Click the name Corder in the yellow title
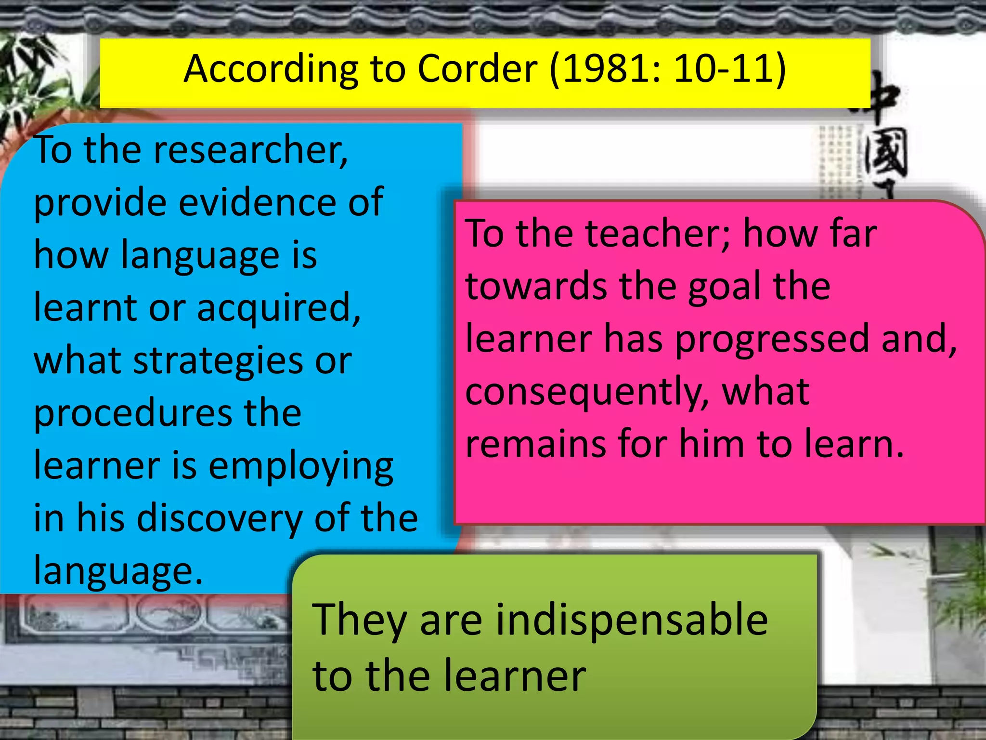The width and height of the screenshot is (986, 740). (477, 69)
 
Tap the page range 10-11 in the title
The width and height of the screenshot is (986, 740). (724, 69)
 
